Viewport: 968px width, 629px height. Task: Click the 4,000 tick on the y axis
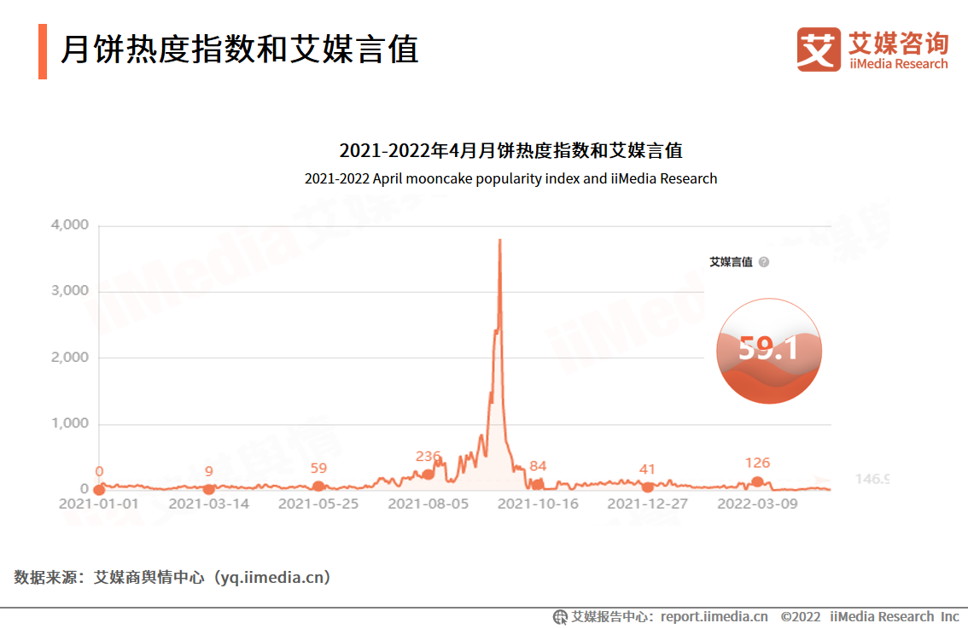click(x=70, y=225)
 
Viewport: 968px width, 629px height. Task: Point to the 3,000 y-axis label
click(x=70, y=291)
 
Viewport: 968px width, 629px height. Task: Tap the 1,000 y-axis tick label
click(x=70, y=424)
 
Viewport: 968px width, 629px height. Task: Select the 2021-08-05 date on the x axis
click(x=428, y=504)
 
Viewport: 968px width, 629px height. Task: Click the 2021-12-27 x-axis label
click(x=647, y=504)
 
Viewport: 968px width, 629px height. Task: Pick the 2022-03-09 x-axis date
click(x=757, y=504)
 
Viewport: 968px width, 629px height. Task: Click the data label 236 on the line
click(x=428, y=457)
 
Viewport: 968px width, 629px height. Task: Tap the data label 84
click(x=538, y=466)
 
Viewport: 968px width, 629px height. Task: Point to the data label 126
click(x=757, y=463)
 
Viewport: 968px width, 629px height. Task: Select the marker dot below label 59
click(x=318, y=486)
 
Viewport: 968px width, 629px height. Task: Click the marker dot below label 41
click(x=647, y=487)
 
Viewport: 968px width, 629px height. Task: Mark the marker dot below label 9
click(x=209, y=489)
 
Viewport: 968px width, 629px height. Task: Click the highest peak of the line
click(x=499, y=241)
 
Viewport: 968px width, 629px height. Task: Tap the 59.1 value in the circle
click(x=768, y=348)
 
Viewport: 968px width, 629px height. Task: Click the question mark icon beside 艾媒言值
click(x=764, y=262)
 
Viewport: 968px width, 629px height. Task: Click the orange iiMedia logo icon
click(x=819, y=50)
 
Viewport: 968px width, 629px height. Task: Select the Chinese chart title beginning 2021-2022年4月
click(x=510, y=151)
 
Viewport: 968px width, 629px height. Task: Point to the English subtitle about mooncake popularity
click(x=510, y=179)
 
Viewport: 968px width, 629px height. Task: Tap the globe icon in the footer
click(x=561, y=617)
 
